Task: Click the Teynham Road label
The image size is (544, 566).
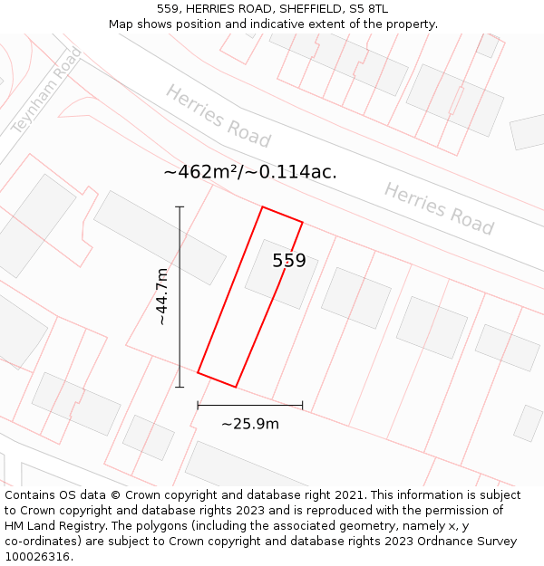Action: pyautogui.click(x=46, y=91)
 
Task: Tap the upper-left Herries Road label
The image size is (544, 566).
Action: pyautogui.click(x=218, y=116)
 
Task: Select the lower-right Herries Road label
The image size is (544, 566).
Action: pyautogui.click(x=439, y=208)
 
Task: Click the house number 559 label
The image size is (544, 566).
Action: pyautogui.click(x=289, y=261)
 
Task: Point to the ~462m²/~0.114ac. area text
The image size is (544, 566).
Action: pyautogui.click(x=250, y=171)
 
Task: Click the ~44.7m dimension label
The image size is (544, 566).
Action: pyautogui.click(x=161, y=296)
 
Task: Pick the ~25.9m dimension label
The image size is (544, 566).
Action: pyautogui.click(x=250, y=424)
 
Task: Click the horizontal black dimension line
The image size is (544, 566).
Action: pyautogui.click(x=250, y=406)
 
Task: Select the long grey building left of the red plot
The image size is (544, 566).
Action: pyautogui.click(x=160, y=237)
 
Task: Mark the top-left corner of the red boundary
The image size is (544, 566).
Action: pyautogui.click(x=263, y=207)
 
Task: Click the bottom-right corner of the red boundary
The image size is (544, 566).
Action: pyautogui.click(x=236, y=387)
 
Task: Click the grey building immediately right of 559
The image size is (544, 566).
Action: pyautogui.click(x=356, y=297)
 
